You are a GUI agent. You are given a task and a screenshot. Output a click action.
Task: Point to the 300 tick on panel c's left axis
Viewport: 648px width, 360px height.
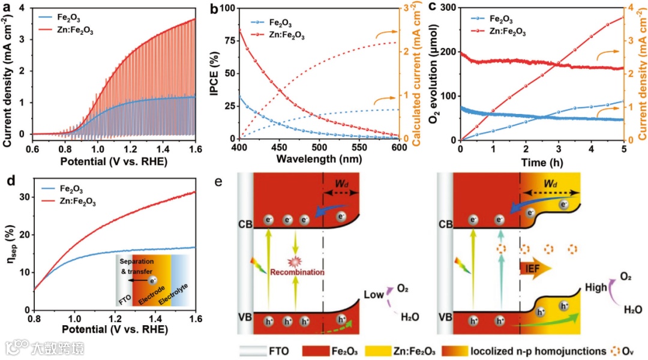pos(448,8)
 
